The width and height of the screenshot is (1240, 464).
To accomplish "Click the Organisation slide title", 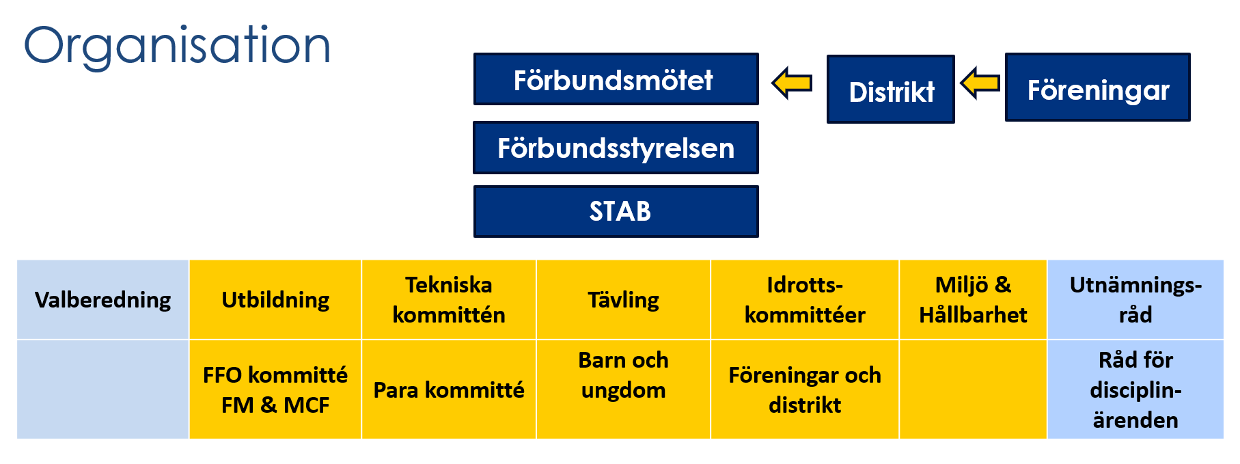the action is [x=177, y=46].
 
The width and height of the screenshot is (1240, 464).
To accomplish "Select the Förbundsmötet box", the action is [x=616, y=79].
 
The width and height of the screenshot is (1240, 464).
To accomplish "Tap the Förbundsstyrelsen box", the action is [x=616, y=148].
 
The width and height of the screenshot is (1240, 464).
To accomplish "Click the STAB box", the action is [x=616, y=212].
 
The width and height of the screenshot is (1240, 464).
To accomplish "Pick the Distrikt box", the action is [x=891, y=90].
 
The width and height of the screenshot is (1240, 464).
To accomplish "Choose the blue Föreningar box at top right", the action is [x=1098, y=87].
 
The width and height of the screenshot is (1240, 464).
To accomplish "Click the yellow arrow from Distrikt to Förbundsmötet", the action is [x=792, y=83].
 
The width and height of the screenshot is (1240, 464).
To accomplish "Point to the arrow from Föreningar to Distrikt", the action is [x=980, y=83].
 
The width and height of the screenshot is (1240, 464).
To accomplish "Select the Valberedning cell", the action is [x=103, y=299].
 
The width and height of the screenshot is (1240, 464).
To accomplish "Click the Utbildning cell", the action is [x=275, y=299].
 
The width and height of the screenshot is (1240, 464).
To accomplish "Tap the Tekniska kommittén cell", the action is [x=449, y=299].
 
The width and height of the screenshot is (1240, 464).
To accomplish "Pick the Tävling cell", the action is [x=624, y=299].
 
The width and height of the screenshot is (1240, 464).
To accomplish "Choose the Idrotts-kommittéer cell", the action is [x=805, y=299].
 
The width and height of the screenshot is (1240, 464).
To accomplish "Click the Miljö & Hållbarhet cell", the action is [x=973, y=299].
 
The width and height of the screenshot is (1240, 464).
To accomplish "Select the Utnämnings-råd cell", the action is [x=1135, y=299].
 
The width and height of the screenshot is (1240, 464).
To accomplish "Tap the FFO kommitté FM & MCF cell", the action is [x=275, y=390].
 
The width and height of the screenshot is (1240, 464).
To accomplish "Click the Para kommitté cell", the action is [x=449, y=390].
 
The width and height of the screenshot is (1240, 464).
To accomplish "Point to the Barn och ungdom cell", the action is [x=624, y=390].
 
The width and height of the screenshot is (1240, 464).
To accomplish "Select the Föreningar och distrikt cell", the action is [x=805, y=390].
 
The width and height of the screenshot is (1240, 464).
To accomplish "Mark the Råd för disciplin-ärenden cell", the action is [x=1135, y=390].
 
